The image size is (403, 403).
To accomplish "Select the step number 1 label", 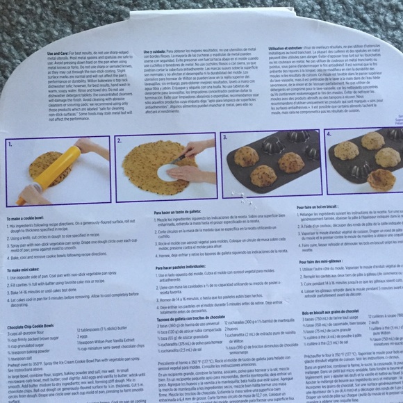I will [10, 145].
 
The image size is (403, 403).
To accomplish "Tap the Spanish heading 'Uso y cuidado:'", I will [159, 52].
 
